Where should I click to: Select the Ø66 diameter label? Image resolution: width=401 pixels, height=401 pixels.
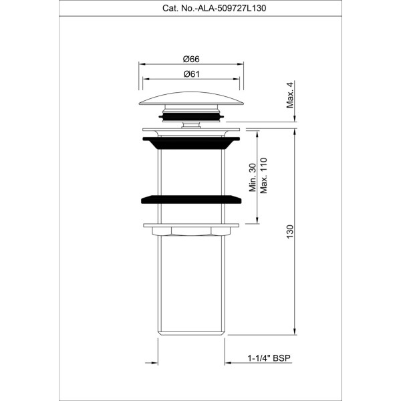pos(191,59)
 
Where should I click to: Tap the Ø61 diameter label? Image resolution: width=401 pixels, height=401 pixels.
pos(191,74)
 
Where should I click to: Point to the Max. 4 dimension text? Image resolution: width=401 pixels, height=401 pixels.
pos(291,94)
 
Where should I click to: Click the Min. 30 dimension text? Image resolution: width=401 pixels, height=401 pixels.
pos(253,178)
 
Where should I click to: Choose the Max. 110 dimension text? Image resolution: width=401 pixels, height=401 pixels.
pos(264,176)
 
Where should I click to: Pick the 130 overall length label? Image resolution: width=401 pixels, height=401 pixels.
pos(290,232)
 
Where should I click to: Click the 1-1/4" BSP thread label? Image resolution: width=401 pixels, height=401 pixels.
pos(269,358)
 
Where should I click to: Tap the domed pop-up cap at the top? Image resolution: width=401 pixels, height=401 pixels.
pos(191,98)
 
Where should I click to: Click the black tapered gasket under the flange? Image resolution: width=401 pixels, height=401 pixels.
pos(191,143)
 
